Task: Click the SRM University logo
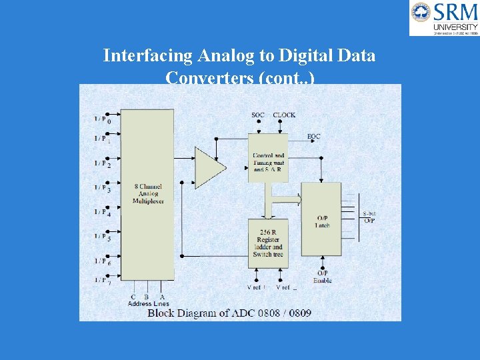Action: (444, 17)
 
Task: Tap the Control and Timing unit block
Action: (268, 159)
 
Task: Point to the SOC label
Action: (258, 115)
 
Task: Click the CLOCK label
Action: (284, 115)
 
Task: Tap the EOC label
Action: (314, 137)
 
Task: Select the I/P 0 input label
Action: (102, 119)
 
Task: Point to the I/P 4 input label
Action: (102, 212)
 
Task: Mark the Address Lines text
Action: (148, 304)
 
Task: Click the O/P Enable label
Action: (323, 277)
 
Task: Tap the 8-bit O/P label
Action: (369, 217)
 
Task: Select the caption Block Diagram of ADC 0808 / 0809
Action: (229, 313)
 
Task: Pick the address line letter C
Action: (133, 297)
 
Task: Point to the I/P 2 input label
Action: (102, 163)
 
